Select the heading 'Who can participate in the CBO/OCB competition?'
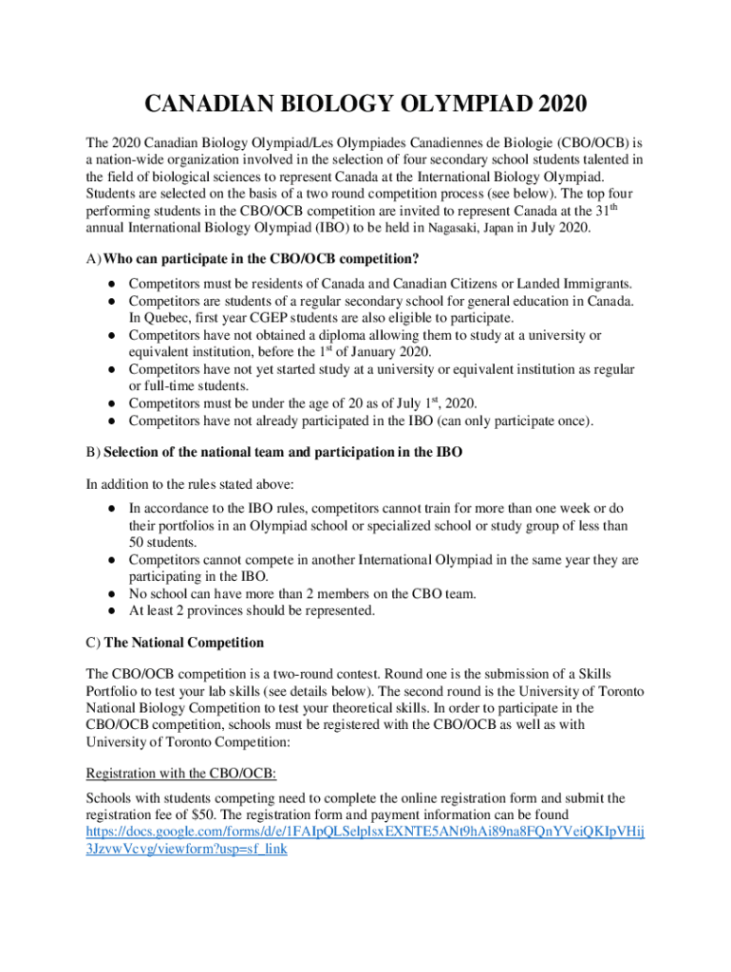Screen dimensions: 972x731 coord(261,259)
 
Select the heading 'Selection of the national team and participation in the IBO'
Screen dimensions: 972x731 coord(283,453)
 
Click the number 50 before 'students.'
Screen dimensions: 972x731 coord(137,542)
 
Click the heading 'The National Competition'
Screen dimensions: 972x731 coord(183,643)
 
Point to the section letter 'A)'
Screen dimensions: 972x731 coord(93,259)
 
